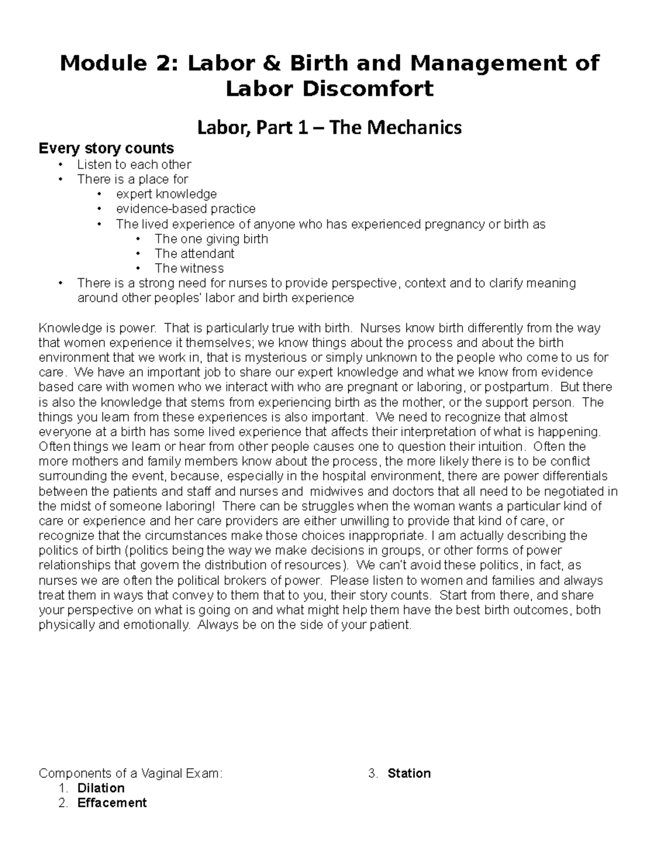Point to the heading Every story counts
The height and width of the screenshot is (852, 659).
[105, 148]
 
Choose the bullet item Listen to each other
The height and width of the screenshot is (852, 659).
[134, 164]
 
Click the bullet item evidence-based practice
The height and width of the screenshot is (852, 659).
[186, 208]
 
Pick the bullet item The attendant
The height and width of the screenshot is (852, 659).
[194, 253]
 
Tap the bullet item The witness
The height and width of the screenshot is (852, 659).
[189, 268]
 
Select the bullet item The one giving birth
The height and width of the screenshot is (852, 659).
[211, 239]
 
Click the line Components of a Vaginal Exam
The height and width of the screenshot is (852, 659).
[131, 774]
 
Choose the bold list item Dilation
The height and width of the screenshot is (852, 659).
[101, 788]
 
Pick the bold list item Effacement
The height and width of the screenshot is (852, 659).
[112, 803]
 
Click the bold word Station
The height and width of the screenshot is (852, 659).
[409, 774]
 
